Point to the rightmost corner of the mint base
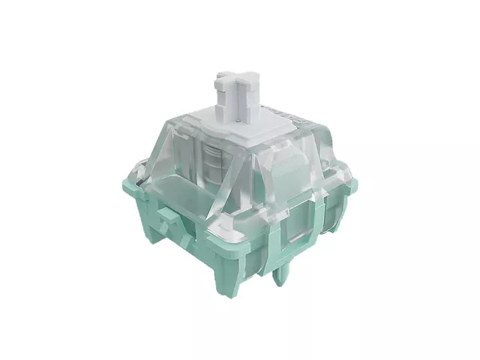click(352, 184)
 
